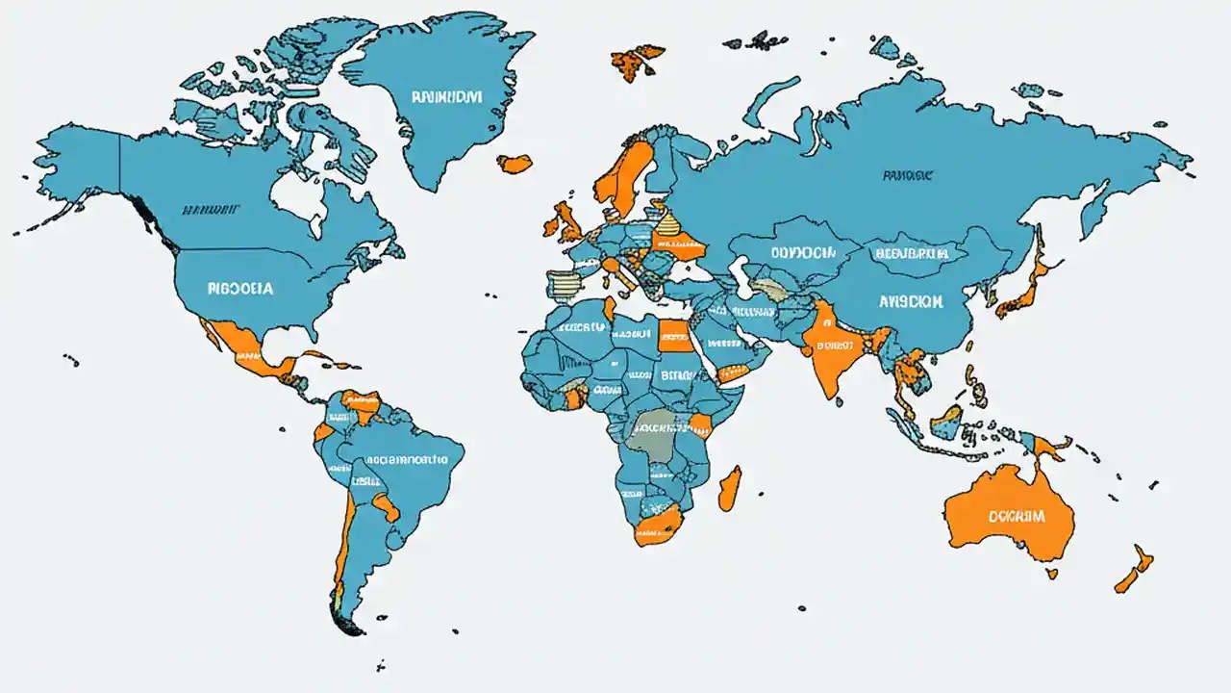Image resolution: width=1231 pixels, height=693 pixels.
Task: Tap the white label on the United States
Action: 239,288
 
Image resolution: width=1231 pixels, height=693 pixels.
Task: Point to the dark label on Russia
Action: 906,176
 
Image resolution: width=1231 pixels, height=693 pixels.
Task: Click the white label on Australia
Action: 1016,516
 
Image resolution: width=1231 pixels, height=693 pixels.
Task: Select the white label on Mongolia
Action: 911,253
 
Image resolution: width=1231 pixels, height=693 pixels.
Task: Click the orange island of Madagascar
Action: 730,488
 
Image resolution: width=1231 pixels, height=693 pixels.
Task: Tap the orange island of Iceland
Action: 515,164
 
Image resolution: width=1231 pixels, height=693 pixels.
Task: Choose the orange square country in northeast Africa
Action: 674,337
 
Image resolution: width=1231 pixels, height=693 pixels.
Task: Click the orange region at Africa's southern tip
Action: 657,526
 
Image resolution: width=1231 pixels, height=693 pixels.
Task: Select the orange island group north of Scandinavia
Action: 638,61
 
